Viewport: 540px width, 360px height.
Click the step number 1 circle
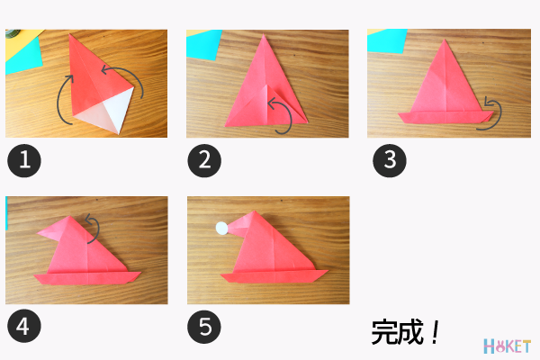(x=24, y=161)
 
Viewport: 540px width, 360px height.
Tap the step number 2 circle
(x=204, y=161)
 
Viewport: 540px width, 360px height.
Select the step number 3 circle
(x=390, y=161)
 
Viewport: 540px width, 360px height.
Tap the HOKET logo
(x=508, y=346)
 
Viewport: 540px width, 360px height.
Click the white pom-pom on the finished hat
(x=220, y=229)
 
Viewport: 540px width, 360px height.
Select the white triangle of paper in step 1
(x=112, y=112)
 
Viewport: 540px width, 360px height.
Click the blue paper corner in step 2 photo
(x=202, y=41)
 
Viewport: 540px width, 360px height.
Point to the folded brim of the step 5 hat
(x=269, y=274)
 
